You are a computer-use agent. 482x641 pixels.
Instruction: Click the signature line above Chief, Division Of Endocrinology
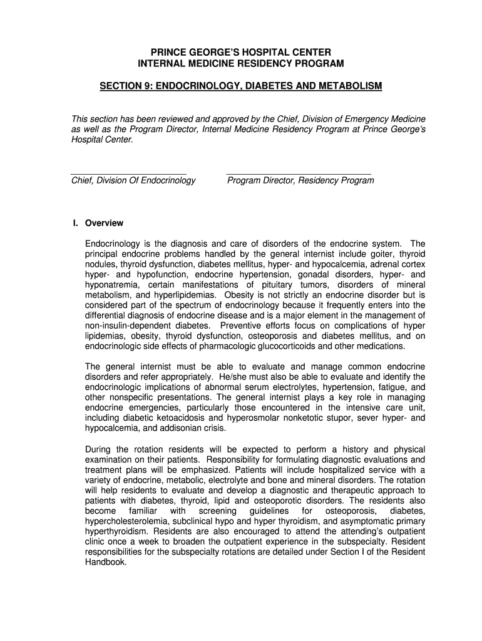[x=128, y=172]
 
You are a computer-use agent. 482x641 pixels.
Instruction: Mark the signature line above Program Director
[x=299, y=172]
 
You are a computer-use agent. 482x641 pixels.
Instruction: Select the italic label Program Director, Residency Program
[x=300, y=180]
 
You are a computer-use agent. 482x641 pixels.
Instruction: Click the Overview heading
[x=105, y=223]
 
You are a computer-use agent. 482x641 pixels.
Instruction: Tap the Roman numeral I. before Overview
[x=76, y=223]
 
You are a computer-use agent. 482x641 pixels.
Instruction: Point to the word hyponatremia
[x=111, y=285]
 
